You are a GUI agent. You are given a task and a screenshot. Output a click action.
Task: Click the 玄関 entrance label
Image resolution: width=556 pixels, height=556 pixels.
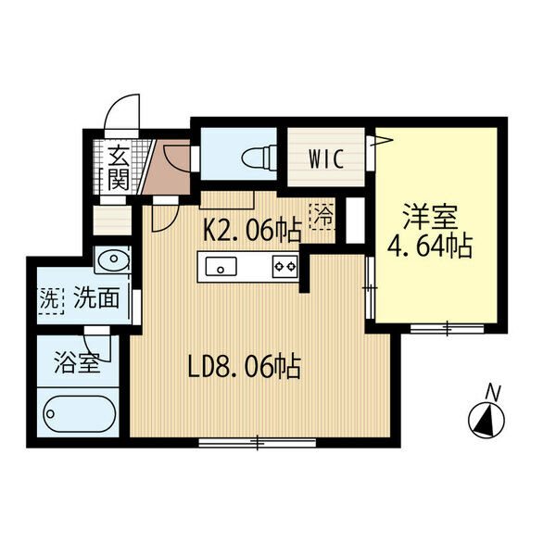tap(118, 168)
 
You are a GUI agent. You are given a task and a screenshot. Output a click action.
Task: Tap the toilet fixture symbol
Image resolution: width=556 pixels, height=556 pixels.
tap(259, 156)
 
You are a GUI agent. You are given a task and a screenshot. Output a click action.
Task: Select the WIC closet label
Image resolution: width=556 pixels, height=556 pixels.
tap(326, 159)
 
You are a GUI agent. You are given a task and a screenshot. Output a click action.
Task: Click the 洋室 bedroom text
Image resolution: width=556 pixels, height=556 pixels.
tap(430, 217)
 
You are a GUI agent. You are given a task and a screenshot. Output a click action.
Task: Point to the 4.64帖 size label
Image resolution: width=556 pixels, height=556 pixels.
tap(430, 246)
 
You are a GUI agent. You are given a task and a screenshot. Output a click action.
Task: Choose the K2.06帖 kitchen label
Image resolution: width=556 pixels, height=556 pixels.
tap(252, 230)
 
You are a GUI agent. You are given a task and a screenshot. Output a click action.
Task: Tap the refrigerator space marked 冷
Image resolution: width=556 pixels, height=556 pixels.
tap(322, 216)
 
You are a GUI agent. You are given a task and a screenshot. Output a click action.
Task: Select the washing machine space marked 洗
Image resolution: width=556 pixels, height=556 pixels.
tap(50, 300)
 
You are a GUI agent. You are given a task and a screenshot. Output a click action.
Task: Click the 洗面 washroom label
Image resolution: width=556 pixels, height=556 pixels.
tap(96, 297)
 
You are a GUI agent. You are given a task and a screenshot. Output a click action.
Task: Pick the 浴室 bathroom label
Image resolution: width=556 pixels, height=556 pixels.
tap(77, 363)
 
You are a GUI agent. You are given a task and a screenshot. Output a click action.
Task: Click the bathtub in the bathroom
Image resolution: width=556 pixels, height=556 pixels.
tap(80, 414)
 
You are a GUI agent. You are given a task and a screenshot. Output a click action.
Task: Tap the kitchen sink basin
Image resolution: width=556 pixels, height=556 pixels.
tap(221, 266)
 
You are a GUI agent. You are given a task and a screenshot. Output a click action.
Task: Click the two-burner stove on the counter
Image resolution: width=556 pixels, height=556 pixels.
tap(285, 266)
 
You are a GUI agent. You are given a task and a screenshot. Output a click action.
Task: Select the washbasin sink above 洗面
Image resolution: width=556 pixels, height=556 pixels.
tap(113, 259)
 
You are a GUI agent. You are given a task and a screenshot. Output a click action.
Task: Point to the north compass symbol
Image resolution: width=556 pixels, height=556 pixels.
tap(486, 420)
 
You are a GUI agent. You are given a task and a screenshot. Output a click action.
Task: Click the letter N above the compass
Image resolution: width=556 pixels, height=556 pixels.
tap(493, 392)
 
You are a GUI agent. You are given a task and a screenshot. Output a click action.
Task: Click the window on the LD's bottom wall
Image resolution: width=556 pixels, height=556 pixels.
tap(258, 442)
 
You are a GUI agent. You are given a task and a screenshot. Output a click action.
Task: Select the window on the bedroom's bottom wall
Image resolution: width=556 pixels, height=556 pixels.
tap(448, 329)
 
